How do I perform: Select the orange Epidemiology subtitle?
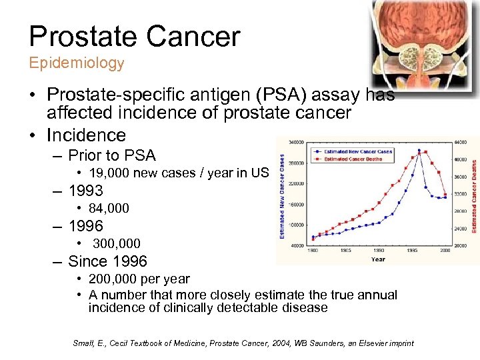[76, 63]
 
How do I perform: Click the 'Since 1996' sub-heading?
[107, 261]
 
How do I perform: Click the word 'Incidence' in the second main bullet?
[86, 135]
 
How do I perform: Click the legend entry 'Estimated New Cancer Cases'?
[357, 152]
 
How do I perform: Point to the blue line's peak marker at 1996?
[419, 151]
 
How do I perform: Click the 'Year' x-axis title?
[378, 259]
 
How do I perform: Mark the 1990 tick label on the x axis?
[379, 250]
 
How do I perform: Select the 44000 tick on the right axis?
[461, 142]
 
